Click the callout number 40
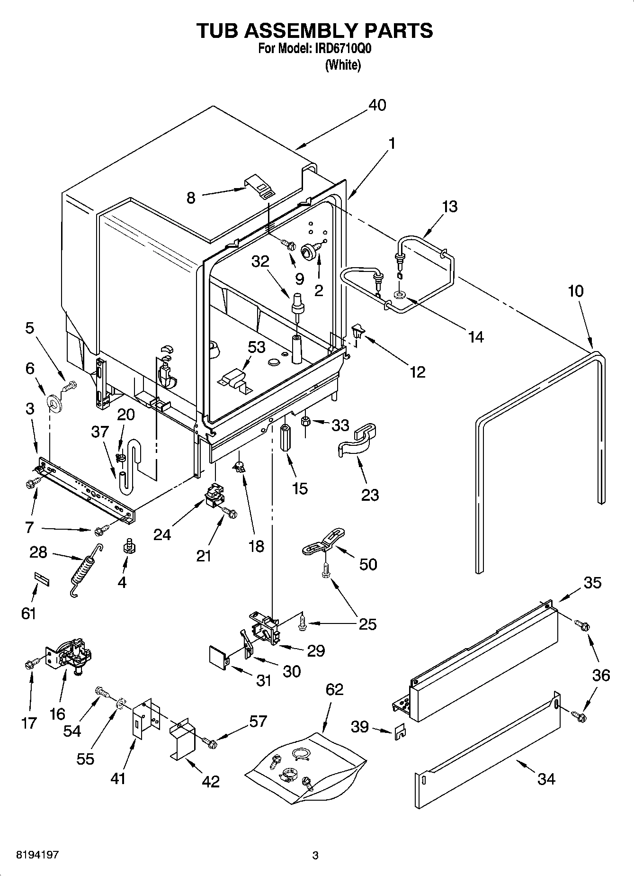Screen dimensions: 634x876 (377, 105)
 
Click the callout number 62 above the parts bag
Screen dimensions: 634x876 (334, 689)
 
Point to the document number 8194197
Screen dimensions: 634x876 (38, 855)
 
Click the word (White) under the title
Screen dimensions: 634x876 (343, 65)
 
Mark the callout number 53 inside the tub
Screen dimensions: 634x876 (257, 347)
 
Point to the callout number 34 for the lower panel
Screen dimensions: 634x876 (546, 778)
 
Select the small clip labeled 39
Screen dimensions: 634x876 (399, 733)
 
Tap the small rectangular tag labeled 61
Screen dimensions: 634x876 (41, 578)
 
